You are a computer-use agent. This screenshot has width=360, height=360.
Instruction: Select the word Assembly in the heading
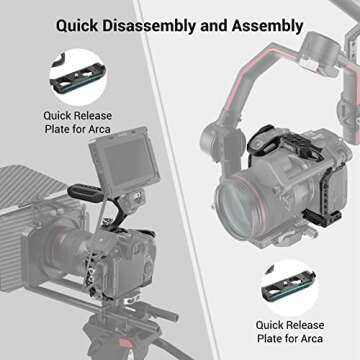(x=262, y=24)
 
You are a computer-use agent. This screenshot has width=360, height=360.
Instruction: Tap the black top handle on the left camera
(x=81, y=209)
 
